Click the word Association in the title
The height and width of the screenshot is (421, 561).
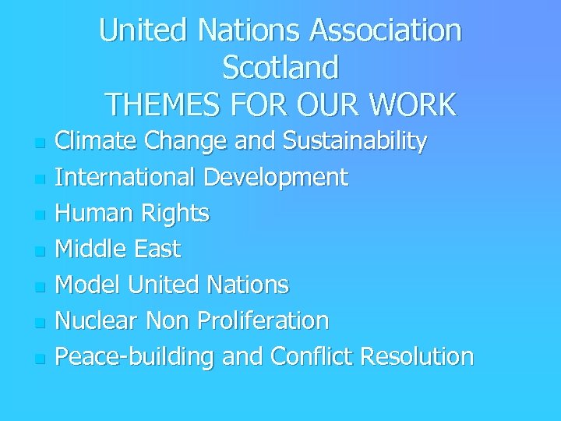(386, 31)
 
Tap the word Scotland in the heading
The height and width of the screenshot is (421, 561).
(280, 68)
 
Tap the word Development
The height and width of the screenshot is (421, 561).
(276, 178)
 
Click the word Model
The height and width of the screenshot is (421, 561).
(89, 285)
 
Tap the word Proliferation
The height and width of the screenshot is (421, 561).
(264, 320)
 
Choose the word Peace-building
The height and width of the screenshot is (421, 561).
(136, 357)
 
